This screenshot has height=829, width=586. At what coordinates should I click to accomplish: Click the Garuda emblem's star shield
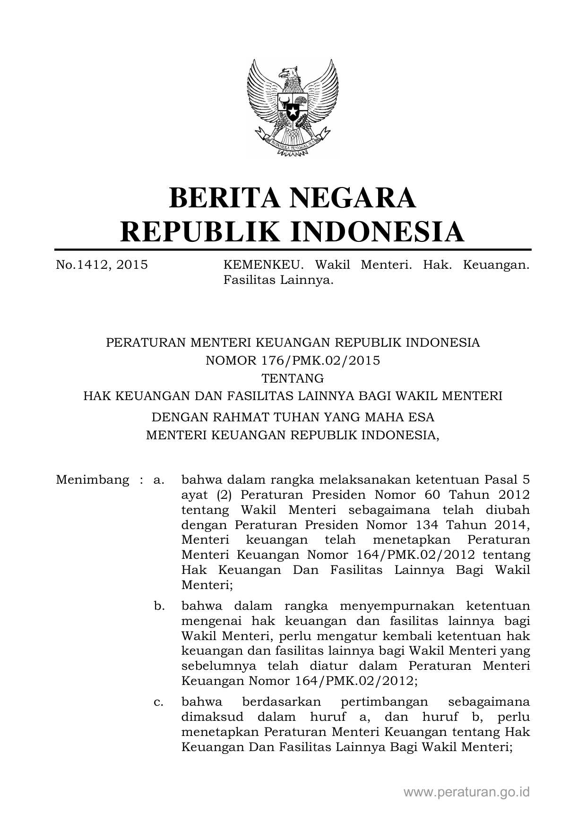click(x=293, y=112)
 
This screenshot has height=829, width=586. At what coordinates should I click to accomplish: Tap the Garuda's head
click(x=289, y=74)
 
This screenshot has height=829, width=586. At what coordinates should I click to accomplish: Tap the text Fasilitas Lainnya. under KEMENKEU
click(x=279, y=281)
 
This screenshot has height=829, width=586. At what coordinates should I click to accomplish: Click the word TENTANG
click(x=293, y=378)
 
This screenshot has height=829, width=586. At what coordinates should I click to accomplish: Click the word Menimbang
click(x=92, y=480)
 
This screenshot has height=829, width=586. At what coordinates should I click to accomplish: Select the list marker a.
click(x=159, y=480)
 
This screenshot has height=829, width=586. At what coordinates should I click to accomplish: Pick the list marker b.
click(x=159, y=606)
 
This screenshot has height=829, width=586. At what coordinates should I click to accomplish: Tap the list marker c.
click(x=159, y=702)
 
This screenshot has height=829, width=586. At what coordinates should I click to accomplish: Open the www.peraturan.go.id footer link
click(x=466, y=792)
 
